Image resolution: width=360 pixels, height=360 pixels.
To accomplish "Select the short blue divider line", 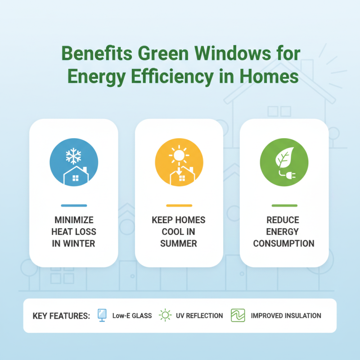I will [73, 206].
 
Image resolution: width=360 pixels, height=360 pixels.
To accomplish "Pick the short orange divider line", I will [179, 206].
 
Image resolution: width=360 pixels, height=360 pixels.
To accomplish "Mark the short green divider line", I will [284, 206].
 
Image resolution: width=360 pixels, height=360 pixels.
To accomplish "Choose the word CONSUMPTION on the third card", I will [283, 243].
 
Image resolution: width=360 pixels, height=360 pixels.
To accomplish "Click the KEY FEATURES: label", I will [61, 316].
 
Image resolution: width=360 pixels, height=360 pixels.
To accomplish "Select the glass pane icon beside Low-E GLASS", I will [103, 315].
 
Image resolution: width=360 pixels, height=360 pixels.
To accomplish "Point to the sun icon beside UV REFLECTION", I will [166, 316].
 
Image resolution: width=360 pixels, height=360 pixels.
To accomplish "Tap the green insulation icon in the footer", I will [237, 316].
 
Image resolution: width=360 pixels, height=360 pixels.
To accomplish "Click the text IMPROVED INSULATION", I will [286, 316].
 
